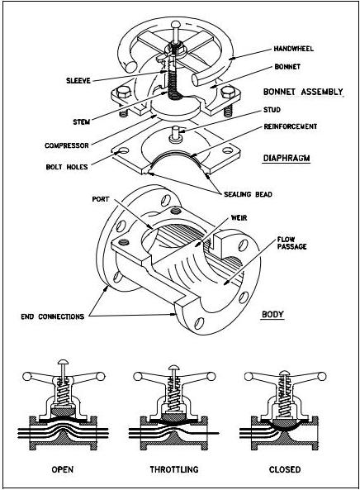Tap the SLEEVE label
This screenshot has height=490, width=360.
click(x=80, y=80)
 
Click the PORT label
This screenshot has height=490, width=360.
click(x=102, y=199)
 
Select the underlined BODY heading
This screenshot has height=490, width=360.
click(x=272, y=315)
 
